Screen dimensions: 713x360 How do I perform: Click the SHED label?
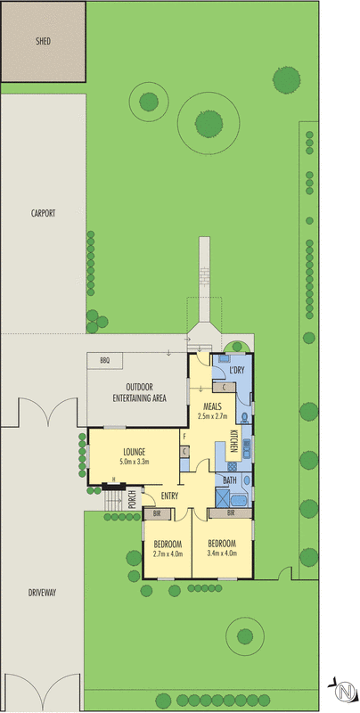pyautogui.click(x=43, y=42)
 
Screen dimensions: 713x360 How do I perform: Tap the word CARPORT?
pyautogui.click(x=43, y=213)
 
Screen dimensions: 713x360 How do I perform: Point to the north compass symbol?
pyautogui.click(x=343, y=690)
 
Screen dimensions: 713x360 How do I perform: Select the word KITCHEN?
pyautogui.click(x=233, y=441)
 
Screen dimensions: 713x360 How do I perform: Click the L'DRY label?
pyautogui.click(x=237, y=370)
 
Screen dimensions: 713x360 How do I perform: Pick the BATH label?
pyautogui.click(x=230, y=481)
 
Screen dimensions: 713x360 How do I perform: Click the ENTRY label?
pyautogui.click(x=170, y=496)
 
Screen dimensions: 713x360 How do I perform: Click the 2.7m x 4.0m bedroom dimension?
pyautogui.click(x=168, y=553)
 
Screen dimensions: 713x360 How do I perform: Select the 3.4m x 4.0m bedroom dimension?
pyautogui.click(x=222, y=553)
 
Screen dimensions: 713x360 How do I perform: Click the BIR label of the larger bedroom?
pyautogui.click(x=231, y=514)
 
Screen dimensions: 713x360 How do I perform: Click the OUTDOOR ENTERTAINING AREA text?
pyautogui.click(x=145, y=392)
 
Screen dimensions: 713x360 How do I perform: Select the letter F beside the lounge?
pyautogui.click(x=184, y=438)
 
